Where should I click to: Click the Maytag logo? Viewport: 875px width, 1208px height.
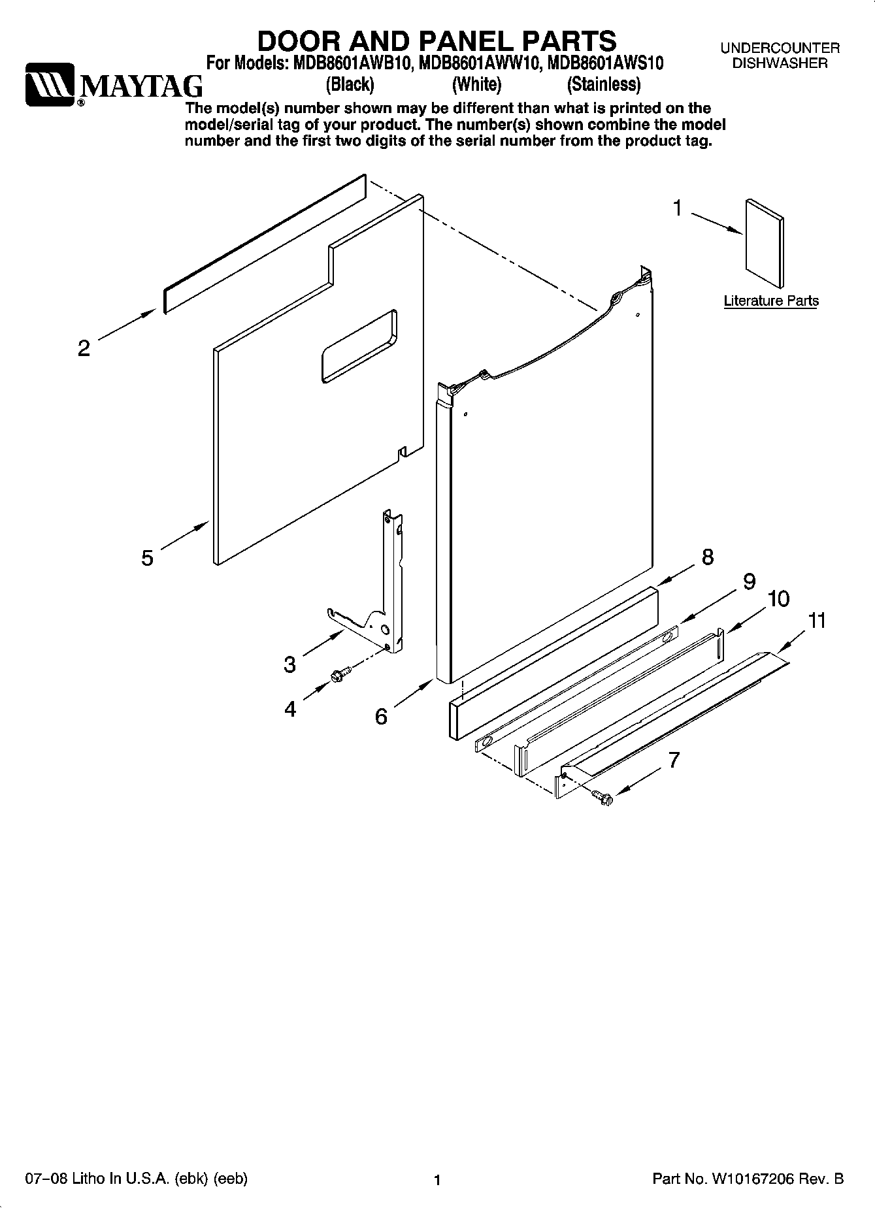[x=113, y=85]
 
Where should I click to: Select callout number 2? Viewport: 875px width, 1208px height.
[x=84, y=348]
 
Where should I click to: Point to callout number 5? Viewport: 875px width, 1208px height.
[x=148, y=558]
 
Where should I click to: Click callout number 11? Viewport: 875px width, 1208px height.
[x=817, y=620]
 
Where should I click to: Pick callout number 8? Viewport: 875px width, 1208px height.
[x=707, y=557]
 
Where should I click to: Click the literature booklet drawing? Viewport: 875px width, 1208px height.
[x=763, y=242]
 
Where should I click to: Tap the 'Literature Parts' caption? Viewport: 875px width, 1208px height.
[x=771, y=301]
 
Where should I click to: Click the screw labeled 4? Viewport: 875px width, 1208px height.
[x=340, y=674]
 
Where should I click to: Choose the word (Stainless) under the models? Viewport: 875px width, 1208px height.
[x=603, y=85]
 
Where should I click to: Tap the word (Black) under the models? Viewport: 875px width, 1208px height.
[x=350, y=85]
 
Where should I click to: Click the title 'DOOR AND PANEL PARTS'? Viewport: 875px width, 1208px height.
[x=437, y=41]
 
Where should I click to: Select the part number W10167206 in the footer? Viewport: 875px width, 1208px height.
[x=757, y=1179]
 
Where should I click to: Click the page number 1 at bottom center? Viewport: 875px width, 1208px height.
[x=438, y=1180]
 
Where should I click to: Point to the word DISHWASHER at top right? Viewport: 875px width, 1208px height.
[x=780, y=63]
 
